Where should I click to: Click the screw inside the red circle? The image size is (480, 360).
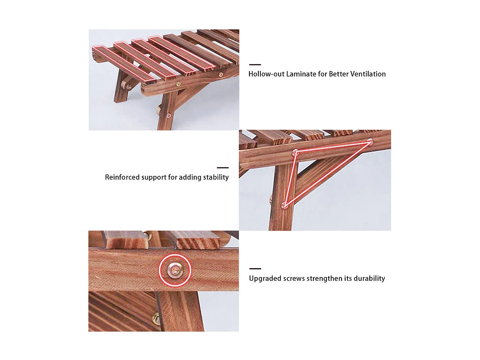pos(175,271)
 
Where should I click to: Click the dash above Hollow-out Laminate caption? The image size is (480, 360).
pos(255,65)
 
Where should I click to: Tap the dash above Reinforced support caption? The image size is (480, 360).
pos(223,168)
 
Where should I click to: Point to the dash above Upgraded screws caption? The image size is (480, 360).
pos(255,268)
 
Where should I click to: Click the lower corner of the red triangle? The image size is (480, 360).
pos(284,205)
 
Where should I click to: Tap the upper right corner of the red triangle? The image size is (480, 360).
pos(370,142)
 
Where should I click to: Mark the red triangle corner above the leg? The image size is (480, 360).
pos(295,151)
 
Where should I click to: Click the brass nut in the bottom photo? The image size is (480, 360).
pos(156,318)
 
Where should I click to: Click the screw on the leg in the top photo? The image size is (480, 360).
pos(169,116)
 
